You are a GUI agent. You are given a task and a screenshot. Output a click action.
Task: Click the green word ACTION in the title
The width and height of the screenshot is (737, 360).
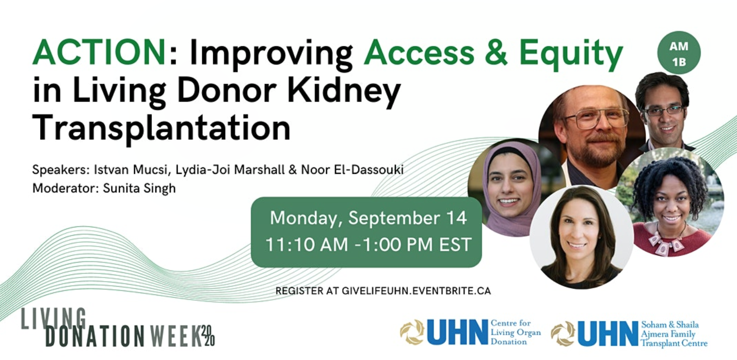click(x=99, y=52)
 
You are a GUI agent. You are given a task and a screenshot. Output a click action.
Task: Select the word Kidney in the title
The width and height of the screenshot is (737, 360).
click(x=344, y=91)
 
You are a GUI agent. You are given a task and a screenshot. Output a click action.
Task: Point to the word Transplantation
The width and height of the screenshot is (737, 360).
click(x=162, y=128)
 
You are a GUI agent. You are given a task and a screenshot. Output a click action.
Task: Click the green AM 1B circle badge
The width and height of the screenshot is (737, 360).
click(x=679, y=53)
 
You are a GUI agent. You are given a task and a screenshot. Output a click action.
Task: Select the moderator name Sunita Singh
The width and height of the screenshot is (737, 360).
click(x=139, y=188)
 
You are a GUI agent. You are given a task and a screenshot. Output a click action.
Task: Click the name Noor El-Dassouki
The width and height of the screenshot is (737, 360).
click(x=352, y=170)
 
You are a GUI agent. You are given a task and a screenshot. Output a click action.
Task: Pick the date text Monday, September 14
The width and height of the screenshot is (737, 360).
click(x=368, y=218)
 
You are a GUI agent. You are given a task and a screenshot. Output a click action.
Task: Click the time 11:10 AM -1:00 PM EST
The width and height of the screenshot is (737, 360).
click(x=368, y=244)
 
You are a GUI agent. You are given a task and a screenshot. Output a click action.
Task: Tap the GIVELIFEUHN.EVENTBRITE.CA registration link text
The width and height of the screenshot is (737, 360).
click(x=416, y=291)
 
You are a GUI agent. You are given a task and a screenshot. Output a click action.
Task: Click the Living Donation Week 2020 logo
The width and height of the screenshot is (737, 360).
click(x=118, y=328)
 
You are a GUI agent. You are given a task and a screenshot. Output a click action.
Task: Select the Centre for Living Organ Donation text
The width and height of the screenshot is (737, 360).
click(x=516, y=332)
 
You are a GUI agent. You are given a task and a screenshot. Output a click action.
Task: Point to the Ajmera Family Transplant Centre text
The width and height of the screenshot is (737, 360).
click(x=674, y=339)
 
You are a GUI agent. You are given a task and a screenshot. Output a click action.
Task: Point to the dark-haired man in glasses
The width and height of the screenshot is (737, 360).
click(x=664, y=112)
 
